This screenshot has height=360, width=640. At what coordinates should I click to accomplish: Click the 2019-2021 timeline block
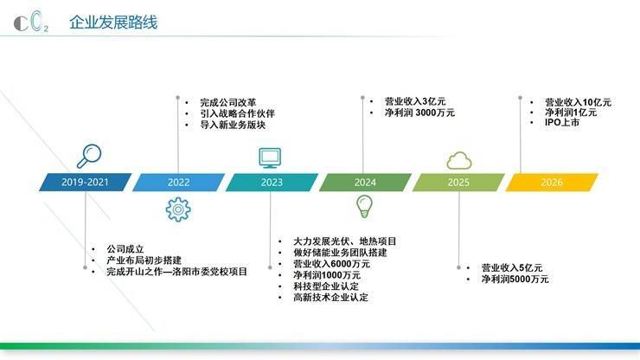click(86, 183)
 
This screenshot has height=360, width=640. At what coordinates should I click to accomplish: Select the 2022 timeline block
click(179, 183)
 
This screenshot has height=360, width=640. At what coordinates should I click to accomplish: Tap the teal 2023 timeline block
click(272, 183)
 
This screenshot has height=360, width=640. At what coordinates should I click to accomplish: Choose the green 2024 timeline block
click(365, 183)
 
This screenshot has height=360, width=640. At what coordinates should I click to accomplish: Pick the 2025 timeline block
click(458, 183)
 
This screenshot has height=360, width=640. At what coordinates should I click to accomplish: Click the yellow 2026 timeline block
click(552, 183)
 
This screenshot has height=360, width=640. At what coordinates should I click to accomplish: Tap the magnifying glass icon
click(89, 156)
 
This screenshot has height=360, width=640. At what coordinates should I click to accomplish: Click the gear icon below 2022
click(178, 209)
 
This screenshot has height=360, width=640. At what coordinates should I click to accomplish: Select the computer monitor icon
click(270, 158)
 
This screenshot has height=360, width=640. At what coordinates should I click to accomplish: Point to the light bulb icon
click(364, 206)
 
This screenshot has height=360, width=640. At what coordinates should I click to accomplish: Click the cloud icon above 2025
click(459, 161)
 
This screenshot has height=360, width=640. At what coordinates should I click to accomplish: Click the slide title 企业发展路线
click(113, 22)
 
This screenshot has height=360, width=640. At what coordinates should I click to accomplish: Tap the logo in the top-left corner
click(31, 22)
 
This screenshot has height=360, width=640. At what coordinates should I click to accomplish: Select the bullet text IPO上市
click(561, 122)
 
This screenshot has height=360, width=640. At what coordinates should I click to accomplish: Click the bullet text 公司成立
click(125, 249)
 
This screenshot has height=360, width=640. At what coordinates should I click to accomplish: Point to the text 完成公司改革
click(228, 102)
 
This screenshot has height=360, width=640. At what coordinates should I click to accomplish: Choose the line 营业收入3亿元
click(415, 101)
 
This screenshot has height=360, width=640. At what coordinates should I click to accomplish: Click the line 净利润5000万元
click(515, 280)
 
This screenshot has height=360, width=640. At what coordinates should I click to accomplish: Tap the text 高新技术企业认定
click(330, 297)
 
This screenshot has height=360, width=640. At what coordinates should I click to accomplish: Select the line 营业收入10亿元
click(578, 102)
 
